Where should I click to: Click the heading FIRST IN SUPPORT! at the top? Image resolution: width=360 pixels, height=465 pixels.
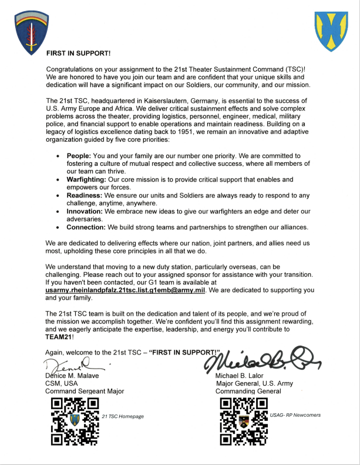tap(79, 53)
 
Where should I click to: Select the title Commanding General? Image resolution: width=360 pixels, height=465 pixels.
tap(249, 392)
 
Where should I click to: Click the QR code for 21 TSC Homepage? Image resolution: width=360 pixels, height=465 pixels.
tap(74, 420)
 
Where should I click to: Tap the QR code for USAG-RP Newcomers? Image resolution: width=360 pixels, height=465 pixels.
tap(243, 420)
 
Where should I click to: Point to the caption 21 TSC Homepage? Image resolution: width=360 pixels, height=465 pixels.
tap(123, 416)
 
